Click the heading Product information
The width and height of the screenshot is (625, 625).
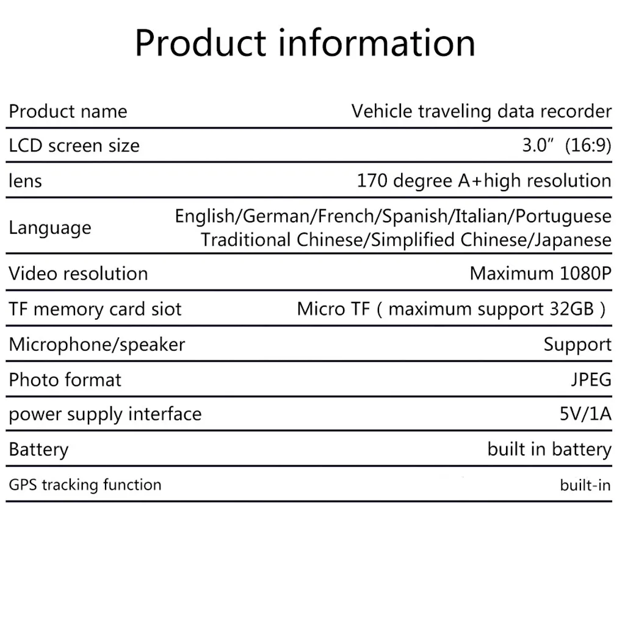coord(305,43)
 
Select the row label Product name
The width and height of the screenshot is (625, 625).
coord(68,112)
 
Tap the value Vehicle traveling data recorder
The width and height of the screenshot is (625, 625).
coord(481,112)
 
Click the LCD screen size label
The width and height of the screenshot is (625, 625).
coord(74,146)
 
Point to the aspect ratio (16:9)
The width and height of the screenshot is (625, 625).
coord(588,146)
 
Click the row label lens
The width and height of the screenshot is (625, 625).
coord(25,181)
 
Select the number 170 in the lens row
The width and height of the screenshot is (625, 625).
coord(372,181)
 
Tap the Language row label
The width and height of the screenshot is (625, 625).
coord(50,228)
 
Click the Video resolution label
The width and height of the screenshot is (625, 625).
coord(78,273)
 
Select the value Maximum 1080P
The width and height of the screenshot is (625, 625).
coord(540,273)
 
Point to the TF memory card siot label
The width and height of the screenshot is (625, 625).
coord(95,309)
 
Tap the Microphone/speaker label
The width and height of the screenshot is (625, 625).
coord(96,344)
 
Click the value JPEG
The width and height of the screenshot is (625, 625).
coord(591,380)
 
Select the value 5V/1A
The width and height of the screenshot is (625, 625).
coord(585,414)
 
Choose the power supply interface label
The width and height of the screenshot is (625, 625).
coord(105,414)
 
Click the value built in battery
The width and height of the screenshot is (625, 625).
coord(549,450)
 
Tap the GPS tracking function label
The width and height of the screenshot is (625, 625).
coord(85,485)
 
